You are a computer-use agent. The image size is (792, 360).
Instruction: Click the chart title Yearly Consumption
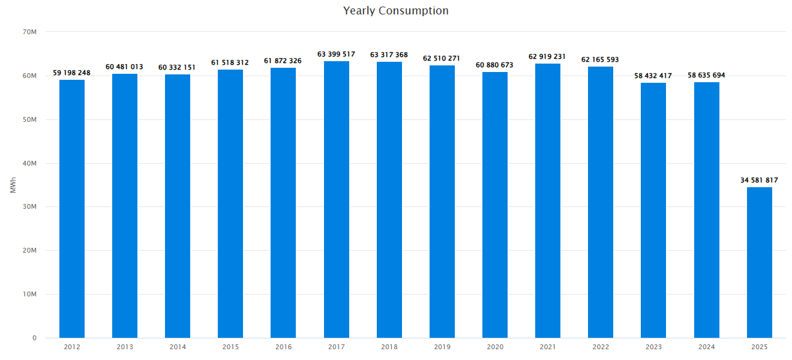[395, 11]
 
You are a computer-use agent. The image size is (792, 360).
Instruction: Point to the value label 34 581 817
[759, 180]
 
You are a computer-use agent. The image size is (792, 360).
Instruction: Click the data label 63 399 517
[336, 55]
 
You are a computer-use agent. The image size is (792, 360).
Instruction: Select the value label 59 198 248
[72, 73]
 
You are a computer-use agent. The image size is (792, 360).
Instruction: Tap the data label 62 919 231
[548, 57]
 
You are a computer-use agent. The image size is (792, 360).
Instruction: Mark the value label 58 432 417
[653, 76]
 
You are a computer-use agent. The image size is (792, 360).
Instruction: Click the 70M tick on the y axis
[30, 32]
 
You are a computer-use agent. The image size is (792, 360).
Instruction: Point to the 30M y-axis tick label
[30, 207]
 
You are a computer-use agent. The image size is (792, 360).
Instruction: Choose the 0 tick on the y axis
[34, 338]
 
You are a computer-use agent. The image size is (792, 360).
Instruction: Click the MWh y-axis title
[13, 185]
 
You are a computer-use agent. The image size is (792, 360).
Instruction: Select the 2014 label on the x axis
[178, 347]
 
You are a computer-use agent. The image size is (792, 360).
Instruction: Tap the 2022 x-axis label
[601, 347]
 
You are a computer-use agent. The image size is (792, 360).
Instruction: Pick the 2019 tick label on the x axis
[442, 347]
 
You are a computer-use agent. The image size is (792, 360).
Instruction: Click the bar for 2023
[653, 210]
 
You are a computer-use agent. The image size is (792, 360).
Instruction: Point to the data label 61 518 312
[230, 63]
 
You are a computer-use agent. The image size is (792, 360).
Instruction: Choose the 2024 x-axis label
[706, 347]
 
